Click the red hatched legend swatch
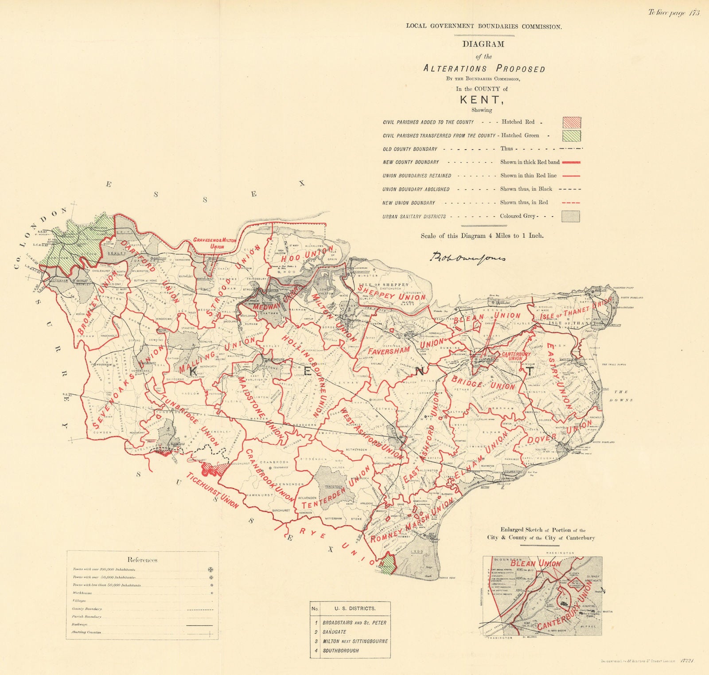572,122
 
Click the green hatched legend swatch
572,136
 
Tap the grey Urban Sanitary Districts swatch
571,216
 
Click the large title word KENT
481,100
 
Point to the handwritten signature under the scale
467,257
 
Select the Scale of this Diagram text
482,236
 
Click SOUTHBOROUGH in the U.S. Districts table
341,651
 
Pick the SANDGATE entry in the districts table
334,632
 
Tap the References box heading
142,560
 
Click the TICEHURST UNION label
213,491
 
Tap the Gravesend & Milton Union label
214,243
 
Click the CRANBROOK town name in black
274,462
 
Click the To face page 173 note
674,13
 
